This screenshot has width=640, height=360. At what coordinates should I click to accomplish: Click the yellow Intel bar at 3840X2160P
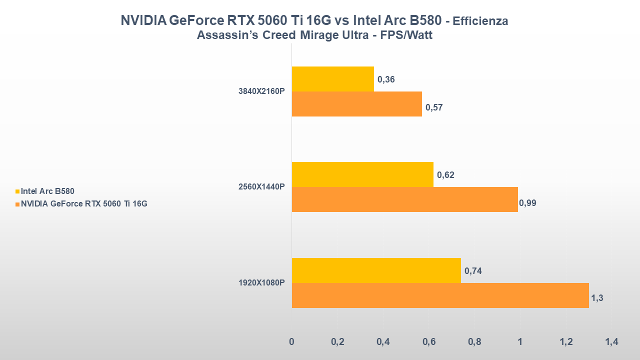pyautogui.click(x=332, y=79)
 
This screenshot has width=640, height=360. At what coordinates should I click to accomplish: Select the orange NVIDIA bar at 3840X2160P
pyautogui.click(x=356, y=104)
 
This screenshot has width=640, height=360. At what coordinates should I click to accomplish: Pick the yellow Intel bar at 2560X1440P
pyautogui.click(x=362, y=174)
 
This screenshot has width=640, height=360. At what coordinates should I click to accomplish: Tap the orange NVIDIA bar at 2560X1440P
pyautogui.click(x=404, y=199)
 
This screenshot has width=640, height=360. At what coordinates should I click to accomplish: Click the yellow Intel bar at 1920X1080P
pyautogui.click(x=376, y=270)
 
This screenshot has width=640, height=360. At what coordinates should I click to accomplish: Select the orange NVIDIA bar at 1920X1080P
pyautogui.click(x=440, y=295)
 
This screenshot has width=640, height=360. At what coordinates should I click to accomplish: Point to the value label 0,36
pyautogui.click(x=386, y=79)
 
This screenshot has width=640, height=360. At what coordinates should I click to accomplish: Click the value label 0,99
pyautogui.click(x=527, y=203)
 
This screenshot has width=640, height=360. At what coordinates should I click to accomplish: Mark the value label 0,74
pyautogui.click(x=473, y=271)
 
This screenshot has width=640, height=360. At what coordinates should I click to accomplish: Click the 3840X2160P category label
pyautogui.click(x=261, y=91)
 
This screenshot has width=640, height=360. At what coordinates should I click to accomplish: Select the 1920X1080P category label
pyautogui.click(x=261, y=283)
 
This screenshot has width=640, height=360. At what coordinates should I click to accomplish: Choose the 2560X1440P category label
pyautogui.click(x=261, y=187)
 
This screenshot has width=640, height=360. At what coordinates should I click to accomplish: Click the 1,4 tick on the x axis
pyautogui.click(x=611, y=342)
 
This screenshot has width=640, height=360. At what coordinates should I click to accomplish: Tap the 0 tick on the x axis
pyautogui.click(x=292, y=342)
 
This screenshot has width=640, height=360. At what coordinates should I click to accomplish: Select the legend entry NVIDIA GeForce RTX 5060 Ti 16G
pyautogui.click(x=83, y=203)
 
